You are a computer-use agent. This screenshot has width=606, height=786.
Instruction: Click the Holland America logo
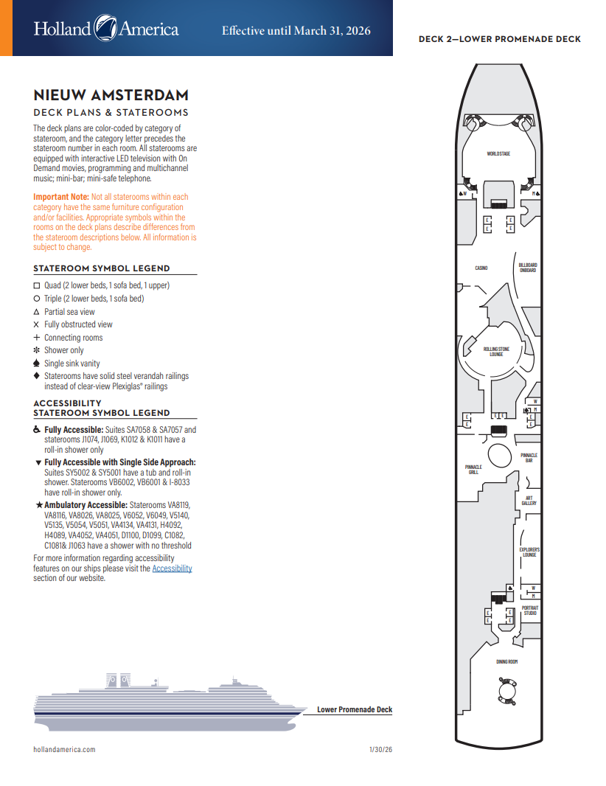click(105, 29)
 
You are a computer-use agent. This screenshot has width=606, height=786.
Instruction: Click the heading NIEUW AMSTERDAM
click(111, 95)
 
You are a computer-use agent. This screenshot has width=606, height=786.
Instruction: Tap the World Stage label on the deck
click(498, 153)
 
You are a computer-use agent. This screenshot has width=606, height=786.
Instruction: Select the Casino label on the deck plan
click(481, 268)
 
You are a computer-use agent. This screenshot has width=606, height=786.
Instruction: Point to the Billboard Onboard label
click(527, 268)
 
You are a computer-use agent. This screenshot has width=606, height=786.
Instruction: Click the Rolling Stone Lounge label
click(496, 351)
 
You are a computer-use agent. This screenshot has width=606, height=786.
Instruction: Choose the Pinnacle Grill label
click(473, 469)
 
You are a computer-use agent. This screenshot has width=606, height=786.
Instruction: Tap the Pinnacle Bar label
click(529, 457)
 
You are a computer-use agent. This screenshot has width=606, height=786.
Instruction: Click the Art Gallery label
click(529, 500)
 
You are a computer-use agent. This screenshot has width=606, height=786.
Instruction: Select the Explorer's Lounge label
click(529, 552)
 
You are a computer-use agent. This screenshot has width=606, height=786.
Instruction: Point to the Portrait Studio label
click(529, 611)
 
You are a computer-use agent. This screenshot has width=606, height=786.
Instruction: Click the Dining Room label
click(506, 661)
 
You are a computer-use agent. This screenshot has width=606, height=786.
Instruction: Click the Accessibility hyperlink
click(172, 568)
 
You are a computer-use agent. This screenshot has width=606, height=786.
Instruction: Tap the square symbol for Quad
click(37, 285)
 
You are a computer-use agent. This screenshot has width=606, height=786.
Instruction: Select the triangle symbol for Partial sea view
click(37, 312)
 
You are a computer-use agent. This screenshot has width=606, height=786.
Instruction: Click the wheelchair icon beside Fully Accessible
click(37, 430)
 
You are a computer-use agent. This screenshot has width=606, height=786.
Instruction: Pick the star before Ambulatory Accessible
click(38, 505)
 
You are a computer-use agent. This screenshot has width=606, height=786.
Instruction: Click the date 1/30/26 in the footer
click(380, 749)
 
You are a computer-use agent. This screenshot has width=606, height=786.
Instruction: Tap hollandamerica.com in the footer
click(64, 749)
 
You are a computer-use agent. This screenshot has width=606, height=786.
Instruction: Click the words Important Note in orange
click(60, 197)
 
